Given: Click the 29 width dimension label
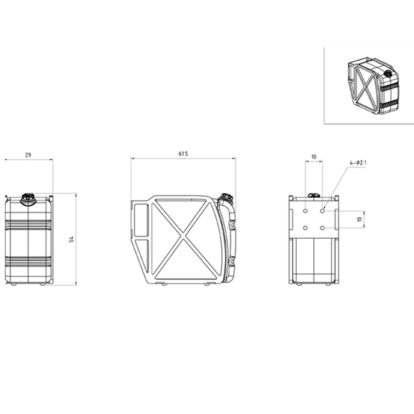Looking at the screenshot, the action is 28,155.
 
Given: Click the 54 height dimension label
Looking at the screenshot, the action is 71,239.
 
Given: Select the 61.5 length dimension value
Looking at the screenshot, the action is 183,154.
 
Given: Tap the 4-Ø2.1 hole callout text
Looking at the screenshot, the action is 358,163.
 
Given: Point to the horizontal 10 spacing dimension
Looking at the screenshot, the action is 314,157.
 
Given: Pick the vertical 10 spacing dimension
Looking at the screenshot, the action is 359,219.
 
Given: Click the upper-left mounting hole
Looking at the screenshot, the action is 305,211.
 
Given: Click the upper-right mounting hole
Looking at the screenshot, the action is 322,211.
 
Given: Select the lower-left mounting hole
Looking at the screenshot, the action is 305,228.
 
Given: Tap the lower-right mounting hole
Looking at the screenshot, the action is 322,228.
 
